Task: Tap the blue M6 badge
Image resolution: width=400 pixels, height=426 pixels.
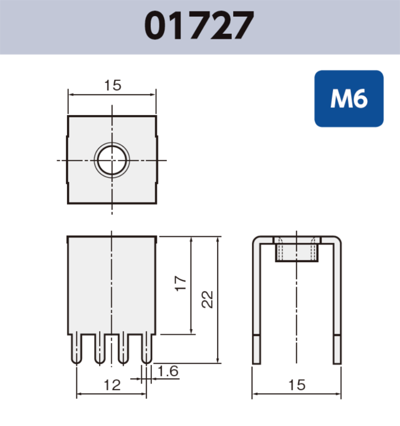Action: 349,99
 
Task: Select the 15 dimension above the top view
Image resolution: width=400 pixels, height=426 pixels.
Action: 112,85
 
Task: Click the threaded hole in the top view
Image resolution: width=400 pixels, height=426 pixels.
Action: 112,160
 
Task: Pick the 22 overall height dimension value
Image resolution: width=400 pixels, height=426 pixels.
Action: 207,299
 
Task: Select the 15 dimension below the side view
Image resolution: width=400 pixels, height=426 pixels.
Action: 296,385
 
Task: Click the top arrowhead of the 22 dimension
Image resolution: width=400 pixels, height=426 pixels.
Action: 218,240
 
